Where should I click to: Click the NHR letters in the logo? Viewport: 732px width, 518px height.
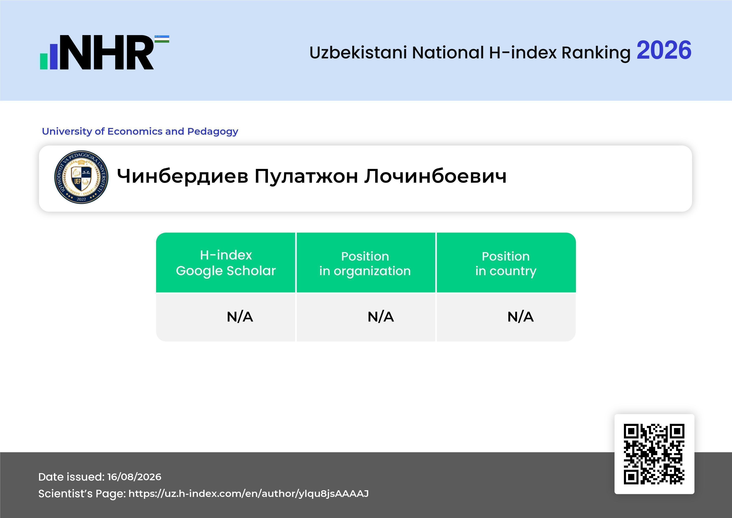(x=107, y=52)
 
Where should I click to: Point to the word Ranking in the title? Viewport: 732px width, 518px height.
(x=596, y=53)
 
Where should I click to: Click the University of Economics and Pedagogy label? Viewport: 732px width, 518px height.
(x=140, y=131)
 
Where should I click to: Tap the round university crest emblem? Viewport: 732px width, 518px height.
(x=81, y=177)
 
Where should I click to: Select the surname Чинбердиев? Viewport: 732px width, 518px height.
(x=182, y=176)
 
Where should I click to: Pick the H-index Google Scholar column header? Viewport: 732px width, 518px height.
(x=226, y=263)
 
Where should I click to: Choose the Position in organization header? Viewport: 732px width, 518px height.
(x=365, y=263)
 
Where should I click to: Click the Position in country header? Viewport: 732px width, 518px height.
(x=506, y=263)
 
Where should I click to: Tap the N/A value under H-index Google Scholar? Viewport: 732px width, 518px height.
(x=240, y=317)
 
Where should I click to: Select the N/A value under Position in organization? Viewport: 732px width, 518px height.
(x=381, y=317)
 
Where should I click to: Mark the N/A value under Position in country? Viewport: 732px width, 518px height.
(x=520, y=317)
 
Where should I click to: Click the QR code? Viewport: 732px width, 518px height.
(x=654, y=454)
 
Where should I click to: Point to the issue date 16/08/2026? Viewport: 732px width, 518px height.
(x=134, y=477)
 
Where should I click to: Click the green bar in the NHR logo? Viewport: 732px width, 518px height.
(x=44, y=61)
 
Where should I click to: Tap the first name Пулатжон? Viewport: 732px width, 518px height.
(x=306, y=176)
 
